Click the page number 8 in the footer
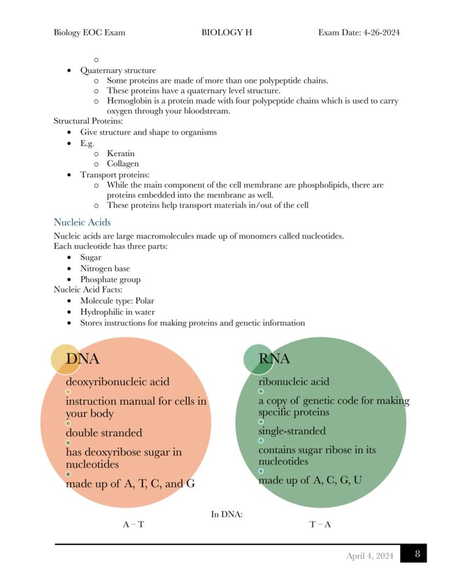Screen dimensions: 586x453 (417, 554)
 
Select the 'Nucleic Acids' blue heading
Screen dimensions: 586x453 (82, 222)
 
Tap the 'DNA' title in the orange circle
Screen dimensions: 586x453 (83, 359)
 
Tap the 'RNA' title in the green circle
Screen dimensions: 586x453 (274, 359)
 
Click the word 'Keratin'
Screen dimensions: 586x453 (120, 153)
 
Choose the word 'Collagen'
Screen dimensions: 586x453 (123, 164)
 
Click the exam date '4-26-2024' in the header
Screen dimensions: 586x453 (381, 32)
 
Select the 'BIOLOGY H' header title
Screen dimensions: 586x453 (226, 32)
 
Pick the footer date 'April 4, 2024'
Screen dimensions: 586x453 (369, 556)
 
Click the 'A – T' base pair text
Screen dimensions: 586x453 (133, 524)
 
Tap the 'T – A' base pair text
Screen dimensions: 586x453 (320, 524)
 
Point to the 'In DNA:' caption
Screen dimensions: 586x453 (226, 514)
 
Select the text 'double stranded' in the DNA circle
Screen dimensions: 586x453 (104, 433)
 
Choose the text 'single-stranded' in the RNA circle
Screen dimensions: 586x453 (292, 431)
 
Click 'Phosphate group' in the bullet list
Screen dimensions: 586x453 (110, 279)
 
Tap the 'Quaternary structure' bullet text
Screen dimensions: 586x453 (118, 70)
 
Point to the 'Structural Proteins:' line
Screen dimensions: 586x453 (88, 121)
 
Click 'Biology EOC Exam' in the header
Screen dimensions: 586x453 (89, 32)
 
